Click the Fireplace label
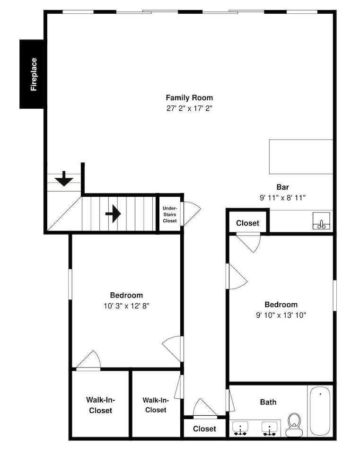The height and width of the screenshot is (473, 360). tap(34, 74)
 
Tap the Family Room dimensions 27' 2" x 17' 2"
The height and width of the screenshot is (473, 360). tap(189, 108)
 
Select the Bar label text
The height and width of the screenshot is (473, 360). tap(283, 187)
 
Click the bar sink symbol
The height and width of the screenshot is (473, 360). tap(321, 221)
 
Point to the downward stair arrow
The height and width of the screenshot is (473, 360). tap(64, 179)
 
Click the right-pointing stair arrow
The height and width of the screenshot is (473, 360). tap(113, 214)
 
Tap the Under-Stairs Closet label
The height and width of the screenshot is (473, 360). tap(169, 214)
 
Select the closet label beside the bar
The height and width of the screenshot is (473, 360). tap(247, 223)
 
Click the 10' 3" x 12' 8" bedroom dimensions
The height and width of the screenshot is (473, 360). tap(126, 306)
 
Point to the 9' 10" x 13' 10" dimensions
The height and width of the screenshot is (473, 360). tap(281, 315)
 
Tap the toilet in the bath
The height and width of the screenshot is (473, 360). tap(294, 425)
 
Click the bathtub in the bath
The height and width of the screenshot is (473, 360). tap(320, 411)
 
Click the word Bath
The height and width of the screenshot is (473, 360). tap(268, 402)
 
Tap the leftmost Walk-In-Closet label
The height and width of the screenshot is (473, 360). tap(100, 405)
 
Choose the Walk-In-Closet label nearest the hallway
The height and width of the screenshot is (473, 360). tap(156, 405)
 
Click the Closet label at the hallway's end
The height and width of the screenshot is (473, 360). tap(204, 429)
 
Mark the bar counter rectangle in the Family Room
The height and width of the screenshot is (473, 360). tap(301, 157)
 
